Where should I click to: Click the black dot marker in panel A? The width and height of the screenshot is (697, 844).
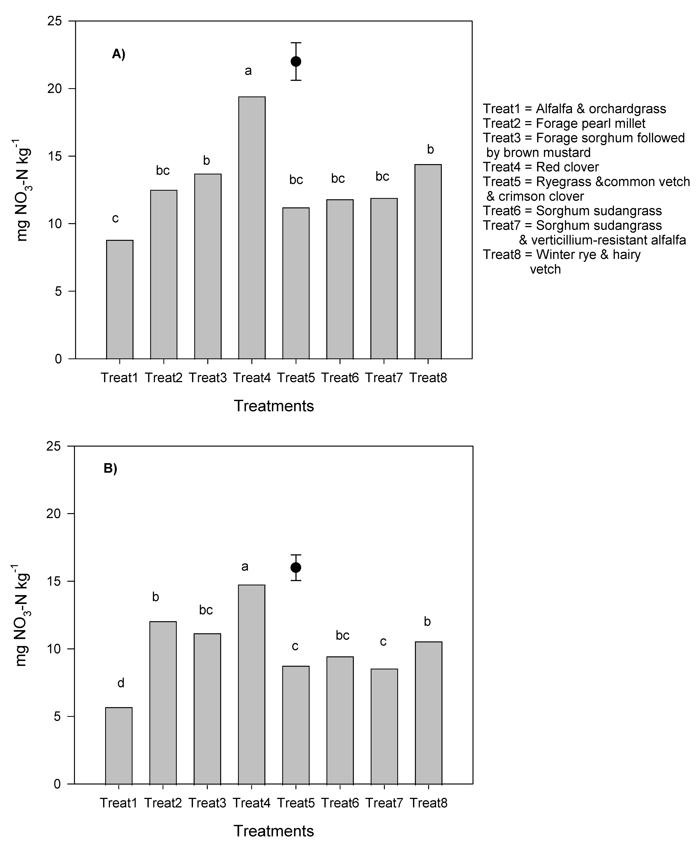[x=296, y=61]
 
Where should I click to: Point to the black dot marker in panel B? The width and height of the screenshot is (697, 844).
[x=296, y=567]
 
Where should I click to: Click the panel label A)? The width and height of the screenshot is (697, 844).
[x=118, y=54]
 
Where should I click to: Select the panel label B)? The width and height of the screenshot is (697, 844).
[x=110, y=468]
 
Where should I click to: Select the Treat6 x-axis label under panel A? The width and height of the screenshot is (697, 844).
[x=340, y=378]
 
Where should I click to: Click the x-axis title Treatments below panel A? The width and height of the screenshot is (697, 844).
[x=274, y=406]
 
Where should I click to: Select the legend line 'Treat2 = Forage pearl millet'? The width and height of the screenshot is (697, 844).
[x=564, y=123]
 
